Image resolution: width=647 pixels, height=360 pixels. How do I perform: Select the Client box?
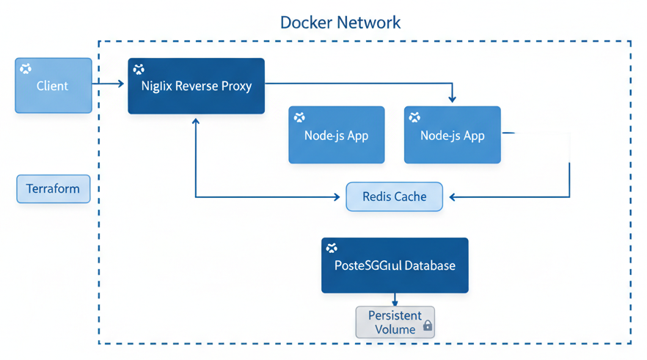coord(54,86)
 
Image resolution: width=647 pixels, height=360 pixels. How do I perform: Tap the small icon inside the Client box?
coord(26,69)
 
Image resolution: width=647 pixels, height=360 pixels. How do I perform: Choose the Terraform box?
coord(53,188)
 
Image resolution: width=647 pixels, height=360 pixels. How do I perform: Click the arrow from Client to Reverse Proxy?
coord(109,84)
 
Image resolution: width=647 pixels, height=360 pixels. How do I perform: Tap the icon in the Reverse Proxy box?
coord(139,70)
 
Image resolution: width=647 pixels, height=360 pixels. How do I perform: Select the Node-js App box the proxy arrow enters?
coord(452,135)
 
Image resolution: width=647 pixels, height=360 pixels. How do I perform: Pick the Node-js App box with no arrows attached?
coord(336,135)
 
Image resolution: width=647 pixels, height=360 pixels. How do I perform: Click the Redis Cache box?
coord(394,196)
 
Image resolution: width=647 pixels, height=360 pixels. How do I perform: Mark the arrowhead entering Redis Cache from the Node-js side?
coord(453,196)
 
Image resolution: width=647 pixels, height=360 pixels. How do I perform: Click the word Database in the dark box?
coord(429,265)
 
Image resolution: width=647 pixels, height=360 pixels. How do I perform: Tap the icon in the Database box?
coord(332,249)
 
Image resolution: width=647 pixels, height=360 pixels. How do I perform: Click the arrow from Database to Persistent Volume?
coord(395,299)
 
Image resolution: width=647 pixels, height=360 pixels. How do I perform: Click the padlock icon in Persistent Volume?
coord(427,325)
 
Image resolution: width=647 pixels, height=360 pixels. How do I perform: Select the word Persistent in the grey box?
coord(395,315)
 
